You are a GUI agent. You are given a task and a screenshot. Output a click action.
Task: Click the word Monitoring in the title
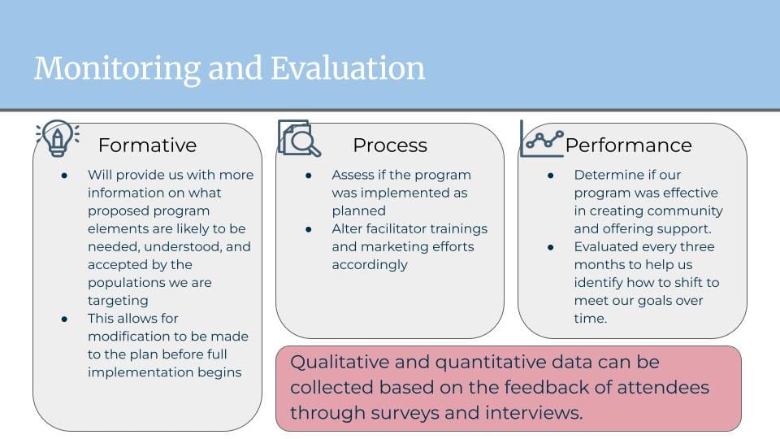[117, 68]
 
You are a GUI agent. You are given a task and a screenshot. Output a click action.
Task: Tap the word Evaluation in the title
[348, 67]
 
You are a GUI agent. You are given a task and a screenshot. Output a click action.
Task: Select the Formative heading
[147, 146]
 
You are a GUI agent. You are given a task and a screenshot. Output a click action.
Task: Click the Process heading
[390, 146]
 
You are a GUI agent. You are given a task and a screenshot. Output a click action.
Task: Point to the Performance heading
[628, 146]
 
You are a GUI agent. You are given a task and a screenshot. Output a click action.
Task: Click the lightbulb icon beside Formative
[58, 138]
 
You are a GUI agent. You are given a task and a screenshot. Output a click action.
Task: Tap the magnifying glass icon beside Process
[299, 138]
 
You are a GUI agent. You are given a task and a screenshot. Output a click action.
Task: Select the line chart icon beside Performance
[542, 139]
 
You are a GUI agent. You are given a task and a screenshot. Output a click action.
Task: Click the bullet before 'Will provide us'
[64, 176]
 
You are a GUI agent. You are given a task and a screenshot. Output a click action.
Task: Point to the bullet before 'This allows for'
[64, 319]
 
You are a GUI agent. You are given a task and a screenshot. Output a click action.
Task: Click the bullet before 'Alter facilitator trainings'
[309, 229]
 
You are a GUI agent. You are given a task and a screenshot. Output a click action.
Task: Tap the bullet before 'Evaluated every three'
[551, 247]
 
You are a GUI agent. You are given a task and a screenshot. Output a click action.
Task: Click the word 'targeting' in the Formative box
[118, 301]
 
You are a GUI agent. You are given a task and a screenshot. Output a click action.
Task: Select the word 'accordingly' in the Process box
[370, 265]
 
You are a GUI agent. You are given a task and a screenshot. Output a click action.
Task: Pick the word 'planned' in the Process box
[358, 211]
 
